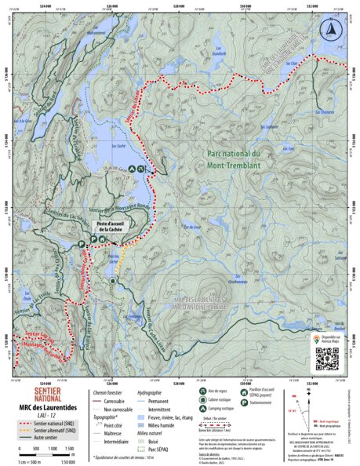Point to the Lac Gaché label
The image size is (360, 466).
click(x=118, y=146)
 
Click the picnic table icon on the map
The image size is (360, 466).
click(x=141, y=169)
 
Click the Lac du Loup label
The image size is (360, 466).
click(x=189, y=228)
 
